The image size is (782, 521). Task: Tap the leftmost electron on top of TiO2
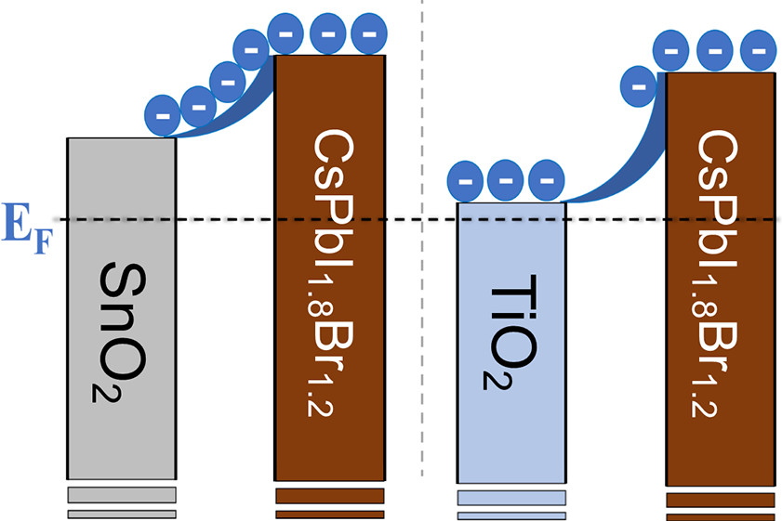click(x=468, y=180)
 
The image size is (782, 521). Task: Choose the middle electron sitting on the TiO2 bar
click(x=507, y=181)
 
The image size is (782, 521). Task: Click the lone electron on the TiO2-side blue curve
click(x=639, y=88)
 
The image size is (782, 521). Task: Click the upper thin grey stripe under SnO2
click(x=121, y=494)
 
